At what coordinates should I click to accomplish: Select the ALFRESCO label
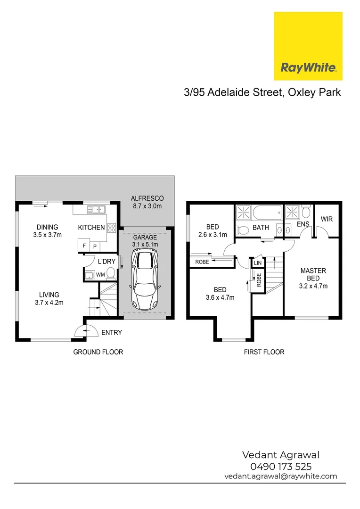[147, 199]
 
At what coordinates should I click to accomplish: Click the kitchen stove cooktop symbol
[112, 228]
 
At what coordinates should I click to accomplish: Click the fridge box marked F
[84, 246]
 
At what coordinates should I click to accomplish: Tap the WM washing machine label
[100, 274]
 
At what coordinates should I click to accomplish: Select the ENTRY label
[112, 333]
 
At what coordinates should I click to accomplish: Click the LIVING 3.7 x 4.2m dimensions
[49, 303]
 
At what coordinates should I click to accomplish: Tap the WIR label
[327, 219]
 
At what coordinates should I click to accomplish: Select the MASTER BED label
[313, 275]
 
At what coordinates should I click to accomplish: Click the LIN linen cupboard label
[257, 263]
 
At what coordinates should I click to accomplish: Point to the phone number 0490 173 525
[281, 467]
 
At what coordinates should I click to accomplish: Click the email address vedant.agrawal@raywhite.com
[281, 476]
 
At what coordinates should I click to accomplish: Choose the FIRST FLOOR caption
[263, 352]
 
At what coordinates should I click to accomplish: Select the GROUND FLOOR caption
[98, 352]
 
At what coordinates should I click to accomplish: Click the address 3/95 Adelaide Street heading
[262, 92]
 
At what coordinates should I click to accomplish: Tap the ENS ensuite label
[303, 224]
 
